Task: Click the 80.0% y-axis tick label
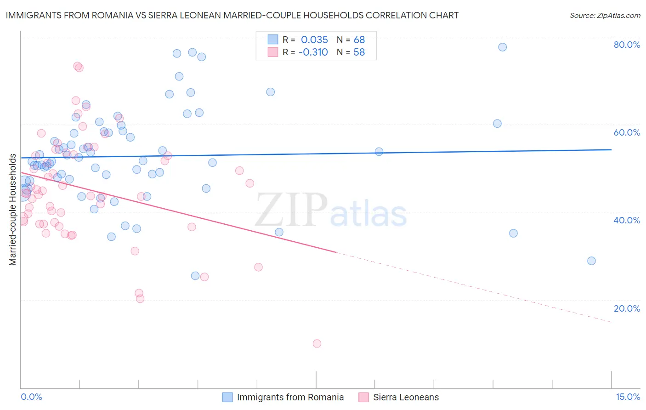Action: tap(627, 45)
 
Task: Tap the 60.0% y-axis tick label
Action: tap(627, 132)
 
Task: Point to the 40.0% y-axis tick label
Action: tap(627, 220)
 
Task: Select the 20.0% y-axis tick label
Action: tap(627, 308)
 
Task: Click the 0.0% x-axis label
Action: tap(31, 397)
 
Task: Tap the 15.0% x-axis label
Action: tap(628, 397)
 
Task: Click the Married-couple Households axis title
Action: tap(13, 210)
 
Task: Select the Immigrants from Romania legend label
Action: tap(290, 397)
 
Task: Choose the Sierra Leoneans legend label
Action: tap(406, 397)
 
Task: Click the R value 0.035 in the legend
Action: tap(314, 40)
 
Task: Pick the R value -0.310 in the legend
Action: tap(313, 52)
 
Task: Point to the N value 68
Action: tap(359, 40)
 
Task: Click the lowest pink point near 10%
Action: tap(317, 343)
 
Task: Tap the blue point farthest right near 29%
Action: tap(591, 261)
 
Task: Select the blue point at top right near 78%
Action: tap(502, 47)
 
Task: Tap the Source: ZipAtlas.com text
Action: tap(605, 15)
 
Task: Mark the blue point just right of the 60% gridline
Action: tap(497, 123)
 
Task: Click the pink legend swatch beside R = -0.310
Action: tap(273, 52)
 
